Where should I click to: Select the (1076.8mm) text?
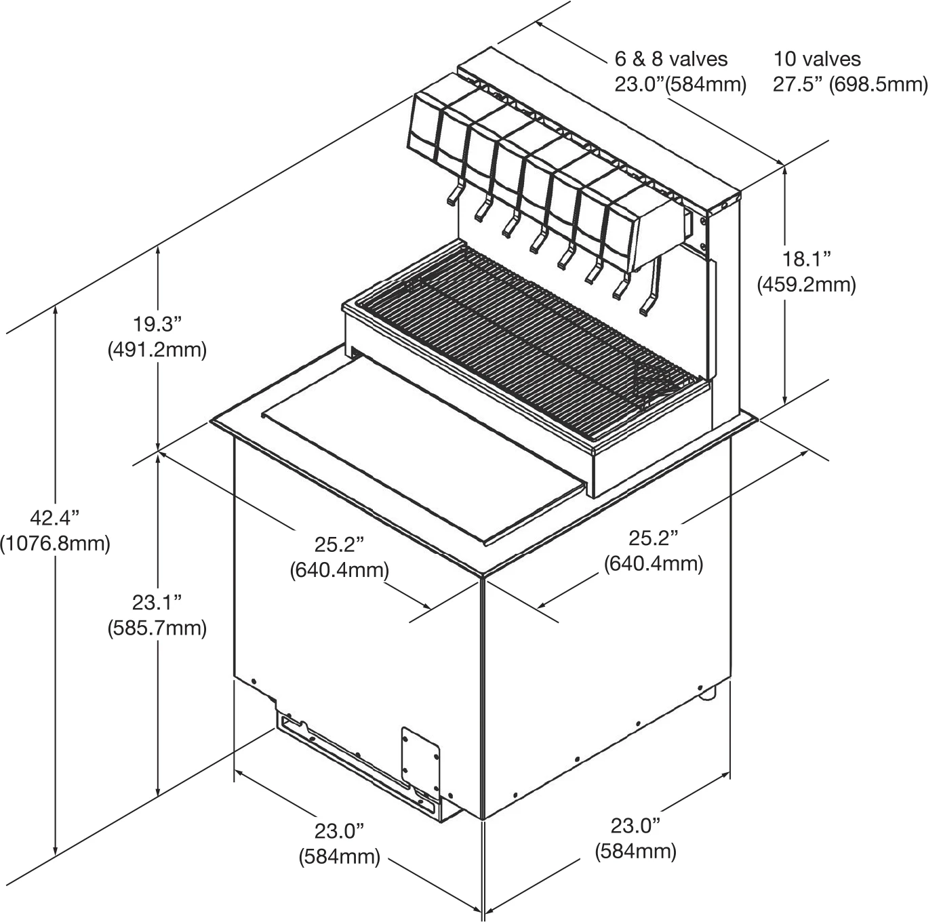[55, 544]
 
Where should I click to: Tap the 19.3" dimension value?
[157, 325]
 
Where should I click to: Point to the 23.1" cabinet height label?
[157, 603]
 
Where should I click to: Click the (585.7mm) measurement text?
[157, 628]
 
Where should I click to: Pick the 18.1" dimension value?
[806, 259]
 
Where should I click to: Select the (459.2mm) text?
[806, 285]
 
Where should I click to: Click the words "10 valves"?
[817, 60]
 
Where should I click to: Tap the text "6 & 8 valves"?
[670, 60]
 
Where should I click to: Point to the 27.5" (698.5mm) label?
[850, 85]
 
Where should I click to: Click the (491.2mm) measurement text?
[157, 351]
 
